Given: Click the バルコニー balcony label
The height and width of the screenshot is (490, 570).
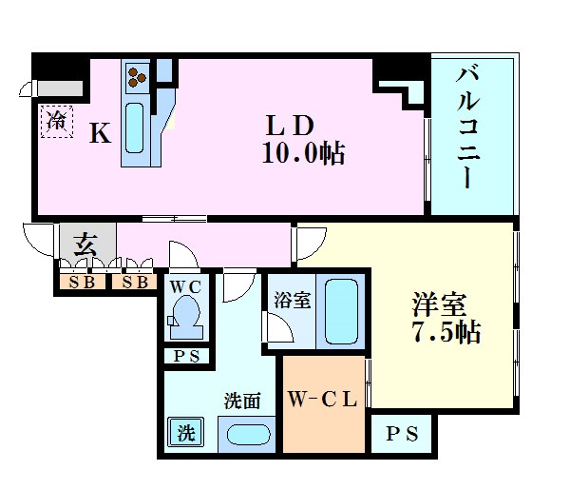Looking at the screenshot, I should point(467,127).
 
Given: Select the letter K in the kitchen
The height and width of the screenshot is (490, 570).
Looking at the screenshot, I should point(100,134).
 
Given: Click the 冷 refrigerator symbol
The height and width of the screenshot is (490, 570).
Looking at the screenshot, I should point(56,121).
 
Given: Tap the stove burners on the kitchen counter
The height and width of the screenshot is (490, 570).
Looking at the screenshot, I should point(136,75).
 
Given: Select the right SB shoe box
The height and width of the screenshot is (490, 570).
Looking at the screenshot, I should point(134,283).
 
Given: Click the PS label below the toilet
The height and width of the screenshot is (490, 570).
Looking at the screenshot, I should point(185,357).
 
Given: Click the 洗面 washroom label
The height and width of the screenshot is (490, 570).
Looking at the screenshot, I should point(242,401).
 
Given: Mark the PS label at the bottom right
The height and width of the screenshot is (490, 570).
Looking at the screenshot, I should point(400,434).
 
